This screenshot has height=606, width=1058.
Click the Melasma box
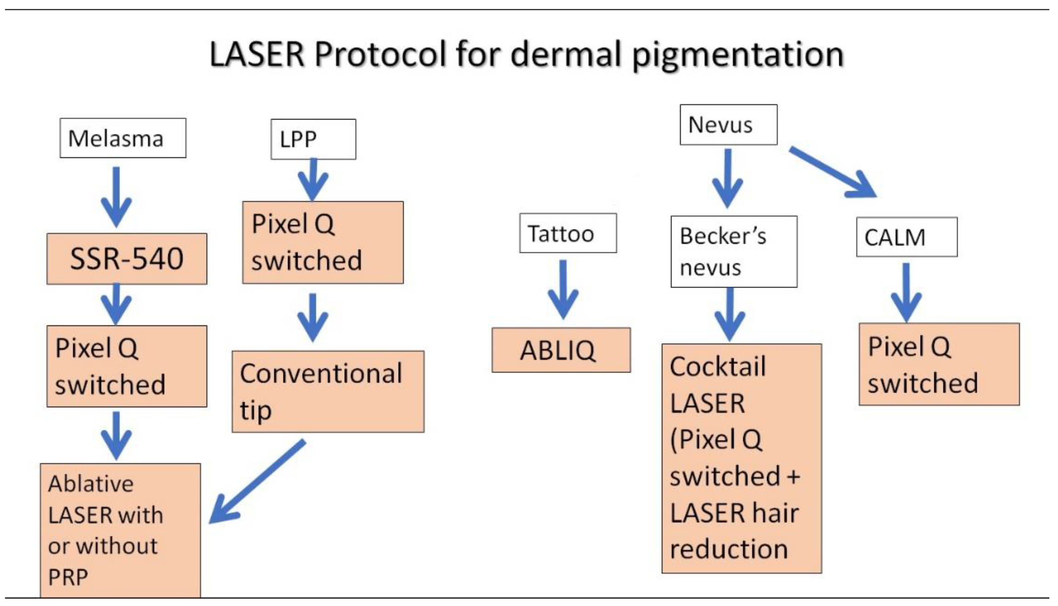coord(123,138)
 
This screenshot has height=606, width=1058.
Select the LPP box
coord(313,139)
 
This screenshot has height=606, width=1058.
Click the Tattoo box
coord(568,233)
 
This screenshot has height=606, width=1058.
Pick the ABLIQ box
coord(561,350)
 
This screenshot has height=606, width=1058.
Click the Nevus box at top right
coord(728,125)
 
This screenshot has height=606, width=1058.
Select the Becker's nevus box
coord(734,251)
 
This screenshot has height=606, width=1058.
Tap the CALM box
coord(906,237)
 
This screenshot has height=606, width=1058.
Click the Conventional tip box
coord(328,391)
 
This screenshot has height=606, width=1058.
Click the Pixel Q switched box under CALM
coord(939,364)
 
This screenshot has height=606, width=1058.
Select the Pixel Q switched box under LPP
coord(323,242)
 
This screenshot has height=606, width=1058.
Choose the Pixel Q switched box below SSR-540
coord(127,366)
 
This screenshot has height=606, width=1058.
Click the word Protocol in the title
coord(380,54)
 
